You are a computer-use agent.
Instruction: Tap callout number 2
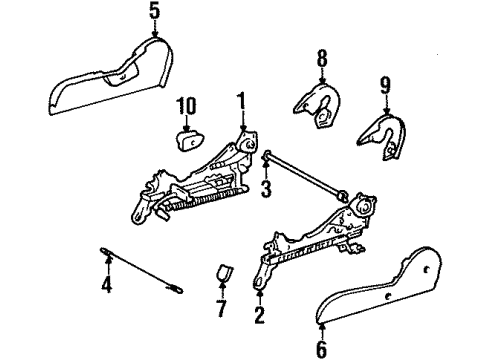(260, 314)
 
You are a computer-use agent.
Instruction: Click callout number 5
(154, 13)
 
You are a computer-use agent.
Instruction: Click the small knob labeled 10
(187, 137)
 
